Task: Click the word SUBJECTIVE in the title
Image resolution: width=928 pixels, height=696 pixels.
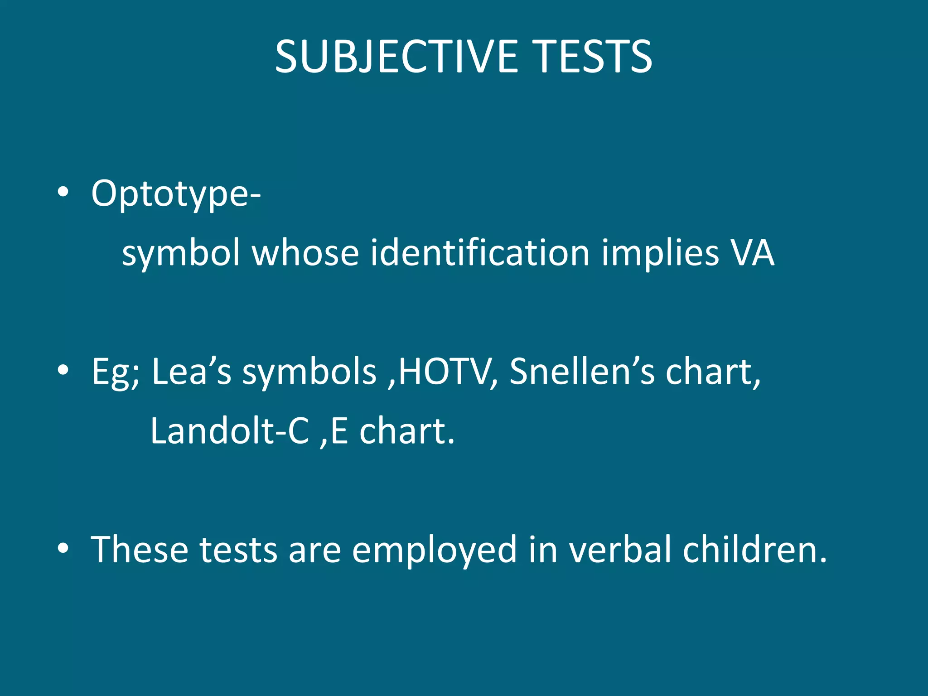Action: click(x=396, y=57)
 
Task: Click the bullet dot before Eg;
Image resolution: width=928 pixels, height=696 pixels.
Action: click(x=63, y=371)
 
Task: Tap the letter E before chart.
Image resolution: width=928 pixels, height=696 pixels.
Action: click(x=339, y=431)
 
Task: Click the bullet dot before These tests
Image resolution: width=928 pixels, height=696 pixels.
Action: click(x=63, y=549)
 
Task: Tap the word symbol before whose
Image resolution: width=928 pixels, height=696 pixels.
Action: click(x=181, y=254)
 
